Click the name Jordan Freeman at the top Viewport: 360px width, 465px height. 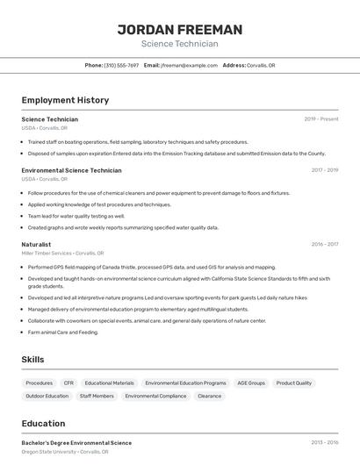pyautogui.click(x=180, y=29)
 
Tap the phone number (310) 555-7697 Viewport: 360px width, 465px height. pyautogui.click(x=121, y=65)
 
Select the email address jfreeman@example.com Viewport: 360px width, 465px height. pyautogui.click(x=189, y=65)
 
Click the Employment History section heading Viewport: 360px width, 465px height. pyautogui.click(x=65, y=100)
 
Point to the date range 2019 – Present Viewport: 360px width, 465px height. pyautogui.click(x=321, y=119)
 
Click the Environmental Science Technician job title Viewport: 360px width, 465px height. pyautogui.click(x=71, y=170)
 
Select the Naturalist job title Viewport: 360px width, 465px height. pyautogui.click(x=36, y=244)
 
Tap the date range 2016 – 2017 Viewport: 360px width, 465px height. pyautogui.click(x=324, y=245)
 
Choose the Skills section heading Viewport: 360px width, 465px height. pyautogui.click(x=33, y=360)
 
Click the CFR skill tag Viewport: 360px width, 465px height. pyautogui.click(x=68, y=383)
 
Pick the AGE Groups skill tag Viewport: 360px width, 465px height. pyautogui.click(x=250, y=383)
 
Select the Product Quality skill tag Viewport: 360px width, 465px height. pyautogui.click(x=294, y=383)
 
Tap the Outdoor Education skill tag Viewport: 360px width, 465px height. pyautogui.click(x=47, y=396)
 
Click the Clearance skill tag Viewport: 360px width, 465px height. pyautogui.click(x=209, y=396)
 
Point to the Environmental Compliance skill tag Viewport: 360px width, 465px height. pyautogui.click(x=155, y=396)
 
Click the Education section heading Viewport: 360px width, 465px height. pyautogui.click(x=43, y=423)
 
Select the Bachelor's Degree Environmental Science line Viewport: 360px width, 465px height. pyautogui.click(x=76, y=443)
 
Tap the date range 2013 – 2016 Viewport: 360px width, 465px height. pyautogui.click(x=324, y=443)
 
